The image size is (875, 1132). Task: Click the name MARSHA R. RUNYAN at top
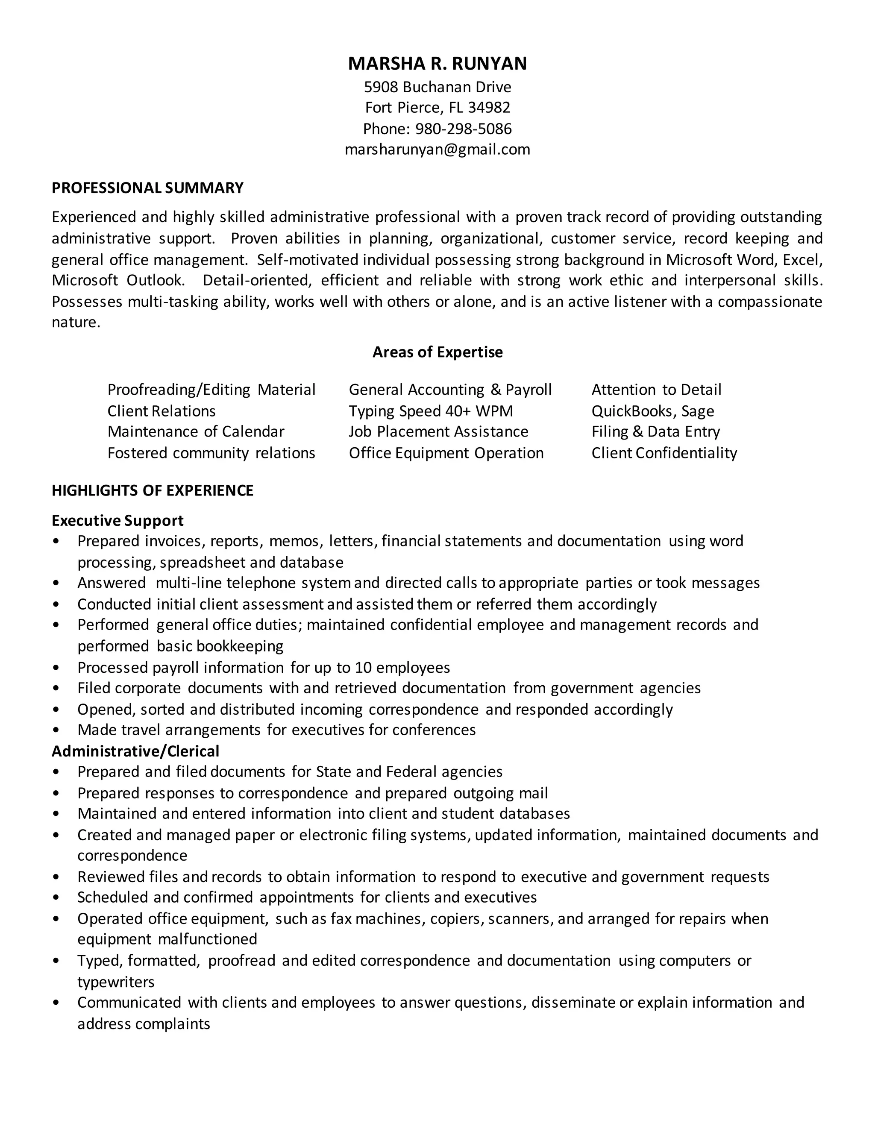(x=437, y=63)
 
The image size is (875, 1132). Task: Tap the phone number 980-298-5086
(x=464, y=129)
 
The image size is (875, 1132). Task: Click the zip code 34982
(x=489, y=107)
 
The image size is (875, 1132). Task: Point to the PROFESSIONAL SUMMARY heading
(x=147, y=188)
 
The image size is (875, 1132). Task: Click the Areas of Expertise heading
(x=437, y=352)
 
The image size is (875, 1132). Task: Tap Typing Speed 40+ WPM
(x=430, y=411)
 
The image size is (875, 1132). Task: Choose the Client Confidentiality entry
(x=664, y=453)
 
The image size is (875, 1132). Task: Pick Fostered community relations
(x=211, y=453)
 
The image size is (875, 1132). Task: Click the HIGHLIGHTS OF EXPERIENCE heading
(x=153, y=490)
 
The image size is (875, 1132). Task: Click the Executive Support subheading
(x=117, y=520)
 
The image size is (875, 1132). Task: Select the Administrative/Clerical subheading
(x=135, y=751)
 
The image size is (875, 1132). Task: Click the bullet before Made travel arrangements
(x=56, y=730)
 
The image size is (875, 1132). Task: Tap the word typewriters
(x=116, y=982)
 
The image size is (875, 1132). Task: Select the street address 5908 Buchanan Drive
(x=437, y=87)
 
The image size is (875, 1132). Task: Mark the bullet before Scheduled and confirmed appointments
(x=56, y=898)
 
